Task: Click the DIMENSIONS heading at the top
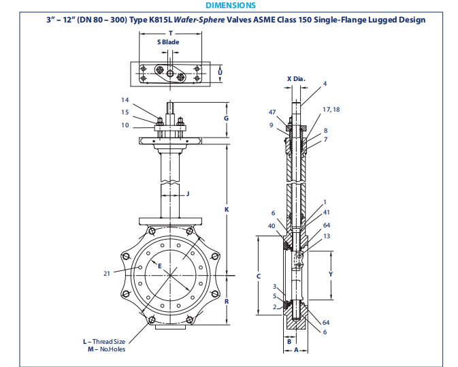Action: pyautogui.click(x=230, y=5)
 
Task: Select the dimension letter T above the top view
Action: pyautogui.click(x=170, y=33)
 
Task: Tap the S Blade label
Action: pyautogui.click(x=168, y=42)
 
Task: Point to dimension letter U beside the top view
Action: pyautogui.click(x=219, y=71)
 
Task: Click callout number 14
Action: pyautogui.click(x=125, y=100)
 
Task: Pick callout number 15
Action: pyautogui.click(x=125, y=112)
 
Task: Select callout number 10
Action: pyautogui.click(x=125, y=125)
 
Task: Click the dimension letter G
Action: pyautogui.click(x=226, y=118)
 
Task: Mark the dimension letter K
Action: pyautogui.click(x=226, y=209)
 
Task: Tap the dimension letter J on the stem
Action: pyautogui.click(x=187, y=194)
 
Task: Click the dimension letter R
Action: pyautogui.click(x=226, y=300)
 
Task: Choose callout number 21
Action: pyautogui.click(x=107, y=273)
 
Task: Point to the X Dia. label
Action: pyautogui.click(x=296, y=79)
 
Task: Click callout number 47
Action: pyautogui.click(x=272, y=112)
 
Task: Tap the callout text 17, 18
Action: pyautogui.click(x=331, y=109)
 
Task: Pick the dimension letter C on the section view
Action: pyautogui.click(x=257, y=276)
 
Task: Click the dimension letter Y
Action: pyautogui.click(x=331, y=274)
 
